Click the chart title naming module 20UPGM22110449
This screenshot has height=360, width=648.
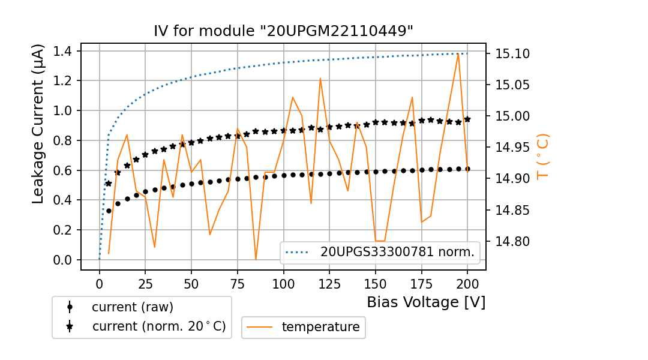pos(283,31)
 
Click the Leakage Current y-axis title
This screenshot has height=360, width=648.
pos(38,124)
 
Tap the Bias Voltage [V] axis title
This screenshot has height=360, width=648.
pos(426,302)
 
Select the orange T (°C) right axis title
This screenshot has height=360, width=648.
pos(542,157)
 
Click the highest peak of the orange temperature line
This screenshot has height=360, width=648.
pos(458,53)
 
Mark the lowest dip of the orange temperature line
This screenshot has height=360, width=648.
pos(256,259)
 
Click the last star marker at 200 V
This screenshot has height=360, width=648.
pos(467,119)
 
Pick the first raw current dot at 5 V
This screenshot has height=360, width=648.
pos(109,211)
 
